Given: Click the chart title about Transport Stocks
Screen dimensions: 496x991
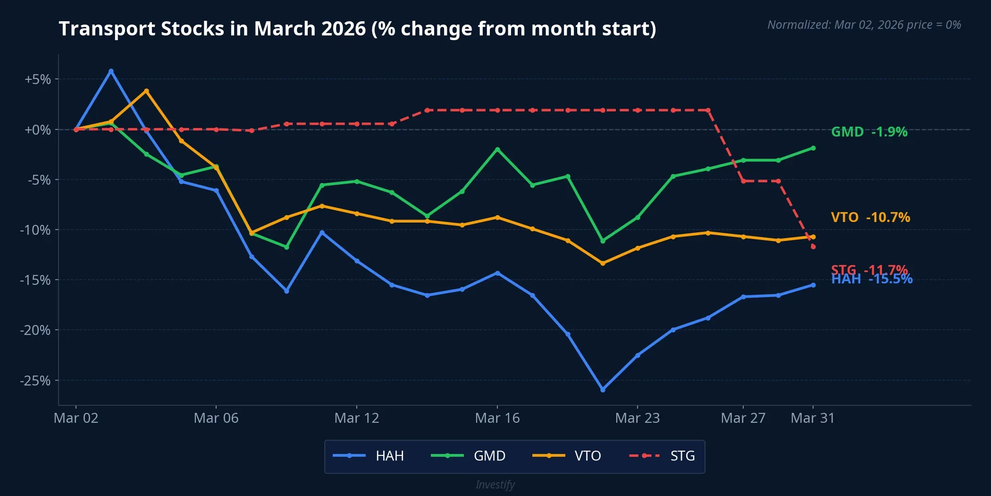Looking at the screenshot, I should (357, 29).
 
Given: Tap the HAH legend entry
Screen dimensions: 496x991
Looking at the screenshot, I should (369, 456).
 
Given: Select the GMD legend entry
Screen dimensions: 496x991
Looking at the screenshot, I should (468, 456).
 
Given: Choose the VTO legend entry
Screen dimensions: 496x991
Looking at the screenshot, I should (567, 456).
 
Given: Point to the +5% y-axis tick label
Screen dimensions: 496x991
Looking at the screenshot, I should (38, 79).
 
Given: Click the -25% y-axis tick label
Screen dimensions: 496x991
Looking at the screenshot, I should (35, 381).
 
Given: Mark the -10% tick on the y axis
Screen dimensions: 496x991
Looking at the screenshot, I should (35, 230).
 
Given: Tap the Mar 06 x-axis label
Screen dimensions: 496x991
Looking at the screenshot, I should (216, 418).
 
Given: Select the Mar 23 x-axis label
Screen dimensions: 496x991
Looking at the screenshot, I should (638, 418).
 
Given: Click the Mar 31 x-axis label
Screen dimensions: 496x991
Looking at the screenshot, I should (813, 418).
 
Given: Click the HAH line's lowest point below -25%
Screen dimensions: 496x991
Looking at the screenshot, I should (603, 390).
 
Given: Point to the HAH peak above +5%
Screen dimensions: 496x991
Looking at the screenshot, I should (111, 71).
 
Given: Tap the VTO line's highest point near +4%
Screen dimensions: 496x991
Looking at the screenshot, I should (146, 91).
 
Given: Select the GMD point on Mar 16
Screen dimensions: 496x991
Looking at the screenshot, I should (497, 149).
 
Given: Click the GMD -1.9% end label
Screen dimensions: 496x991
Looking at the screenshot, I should (869, 132).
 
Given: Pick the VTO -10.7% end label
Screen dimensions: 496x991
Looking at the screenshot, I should (870, 217).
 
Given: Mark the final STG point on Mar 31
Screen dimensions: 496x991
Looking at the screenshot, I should (813, 247).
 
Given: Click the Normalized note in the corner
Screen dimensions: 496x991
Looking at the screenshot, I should (864, 25).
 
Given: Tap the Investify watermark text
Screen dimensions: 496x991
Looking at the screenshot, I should (495, 485).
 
